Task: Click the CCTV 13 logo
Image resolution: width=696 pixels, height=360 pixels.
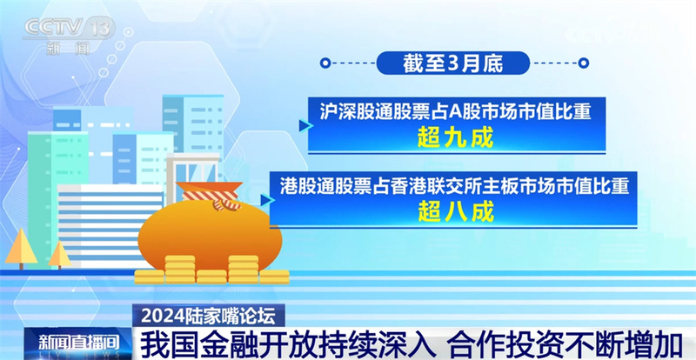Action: click(68, 36)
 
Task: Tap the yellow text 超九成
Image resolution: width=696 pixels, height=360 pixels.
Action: click(455, 139)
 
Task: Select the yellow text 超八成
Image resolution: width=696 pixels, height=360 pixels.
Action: click(455, 214)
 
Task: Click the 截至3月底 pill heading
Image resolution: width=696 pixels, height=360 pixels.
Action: click(453, 63)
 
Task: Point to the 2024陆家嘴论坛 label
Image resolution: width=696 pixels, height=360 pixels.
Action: click(208, 316)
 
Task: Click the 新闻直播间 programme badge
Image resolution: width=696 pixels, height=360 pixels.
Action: click(78, 343)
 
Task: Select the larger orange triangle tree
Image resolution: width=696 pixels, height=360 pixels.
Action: click(21, 249)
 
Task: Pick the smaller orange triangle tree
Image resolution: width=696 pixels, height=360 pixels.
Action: click(59, 255)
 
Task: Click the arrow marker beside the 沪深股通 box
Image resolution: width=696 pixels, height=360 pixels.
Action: click(305, 125)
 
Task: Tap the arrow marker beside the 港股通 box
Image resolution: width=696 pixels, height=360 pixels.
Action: click(267, 200)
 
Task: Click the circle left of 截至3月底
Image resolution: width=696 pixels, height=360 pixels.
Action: click(325, 63)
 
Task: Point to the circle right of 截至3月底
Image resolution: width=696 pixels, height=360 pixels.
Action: click(584, 63)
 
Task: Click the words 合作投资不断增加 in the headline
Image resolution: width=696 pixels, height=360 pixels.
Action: click(565, 344)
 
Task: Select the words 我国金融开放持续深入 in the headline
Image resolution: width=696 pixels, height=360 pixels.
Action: click(286, 344)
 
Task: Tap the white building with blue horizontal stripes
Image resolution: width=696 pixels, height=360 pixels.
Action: click(110, 225)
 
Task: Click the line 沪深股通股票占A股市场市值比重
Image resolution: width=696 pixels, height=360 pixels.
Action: click(455, 112)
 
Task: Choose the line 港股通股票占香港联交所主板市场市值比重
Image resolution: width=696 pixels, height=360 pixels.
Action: click(454, 186)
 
